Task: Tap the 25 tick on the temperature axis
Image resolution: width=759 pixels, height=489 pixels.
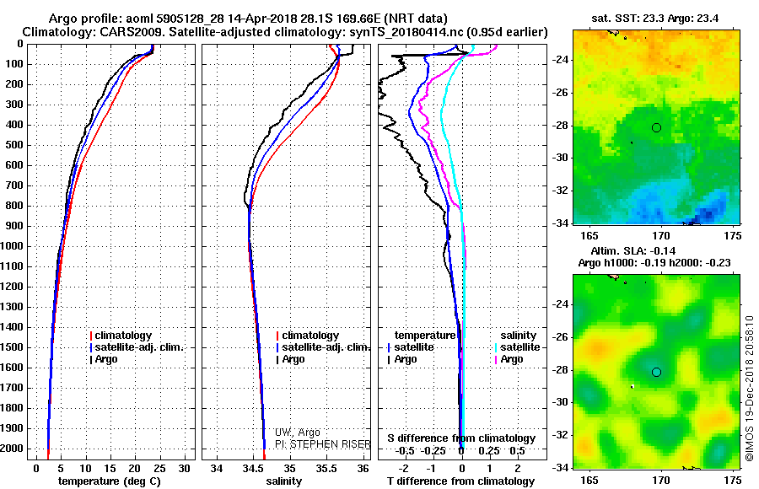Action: click(159, 469)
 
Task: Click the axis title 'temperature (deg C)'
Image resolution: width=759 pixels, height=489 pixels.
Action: click(110, 481)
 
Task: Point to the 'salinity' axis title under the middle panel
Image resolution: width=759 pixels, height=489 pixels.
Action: click(283, 481)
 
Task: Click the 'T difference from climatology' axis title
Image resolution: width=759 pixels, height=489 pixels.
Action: click(460, 481)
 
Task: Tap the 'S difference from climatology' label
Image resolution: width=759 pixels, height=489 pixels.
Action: click(461, 438)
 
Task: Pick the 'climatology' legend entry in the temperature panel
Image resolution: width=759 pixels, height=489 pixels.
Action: click(121, 336)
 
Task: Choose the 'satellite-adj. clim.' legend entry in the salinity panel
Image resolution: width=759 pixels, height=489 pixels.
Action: click(323, 347)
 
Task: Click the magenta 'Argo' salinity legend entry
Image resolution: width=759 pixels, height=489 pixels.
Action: click(509, 359)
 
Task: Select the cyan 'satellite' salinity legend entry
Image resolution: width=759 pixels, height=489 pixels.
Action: click(517, 347)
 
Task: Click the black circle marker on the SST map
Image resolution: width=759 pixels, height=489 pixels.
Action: click(656, 128)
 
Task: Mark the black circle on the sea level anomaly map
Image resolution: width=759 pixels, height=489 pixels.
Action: click(656, 373)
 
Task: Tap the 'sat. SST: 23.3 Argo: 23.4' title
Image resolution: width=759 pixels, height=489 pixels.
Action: click(655, 19)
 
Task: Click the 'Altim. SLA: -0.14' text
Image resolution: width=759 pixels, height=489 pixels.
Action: click(633, 250)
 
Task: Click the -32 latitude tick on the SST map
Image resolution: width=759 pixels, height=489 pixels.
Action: click(561, 191)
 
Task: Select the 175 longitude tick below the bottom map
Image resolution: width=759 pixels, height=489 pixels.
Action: click(733, 481)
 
